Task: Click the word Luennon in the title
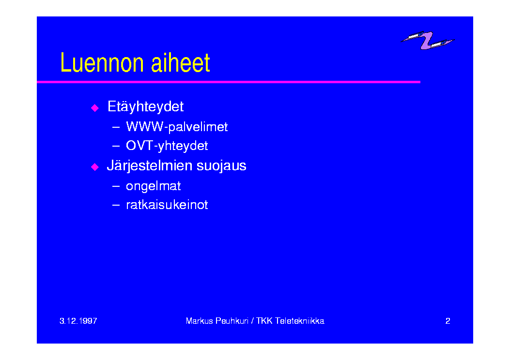coord(102,62)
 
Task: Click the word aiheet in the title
coord(181,62)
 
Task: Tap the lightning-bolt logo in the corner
coord(427,40)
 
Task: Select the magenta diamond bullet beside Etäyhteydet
coord(94,107)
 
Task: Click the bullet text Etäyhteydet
coord(145,107)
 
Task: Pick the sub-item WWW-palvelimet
coord(177,127)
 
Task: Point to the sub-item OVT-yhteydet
coord(167,146)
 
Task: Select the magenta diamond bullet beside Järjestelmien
coord(94,166)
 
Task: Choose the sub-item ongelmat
coord(153,186)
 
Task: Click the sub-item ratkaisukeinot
coord(167,205)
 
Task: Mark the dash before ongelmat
coord(116,186)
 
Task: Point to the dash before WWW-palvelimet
coord(116,127)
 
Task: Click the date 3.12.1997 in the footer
coord(78,321)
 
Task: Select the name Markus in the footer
coord(199,321)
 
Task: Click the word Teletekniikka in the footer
coord(300,321)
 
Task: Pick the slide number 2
coord(448,321)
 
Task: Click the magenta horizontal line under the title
coord(229,82)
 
